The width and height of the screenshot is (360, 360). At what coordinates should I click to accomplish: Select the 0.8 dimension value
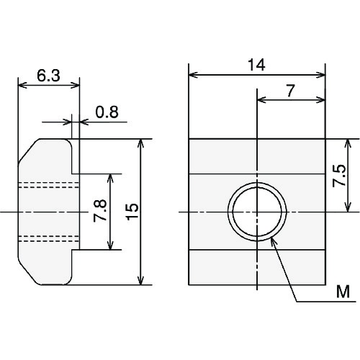106,112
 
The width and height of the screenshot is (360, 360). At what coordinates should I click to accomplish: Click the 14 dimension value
256,65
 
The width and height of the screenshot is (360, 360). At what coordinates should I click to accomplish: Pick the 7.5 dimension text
340,176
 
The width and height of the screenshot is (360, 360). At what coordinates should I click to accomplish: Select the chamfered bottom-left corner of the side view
27,274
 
